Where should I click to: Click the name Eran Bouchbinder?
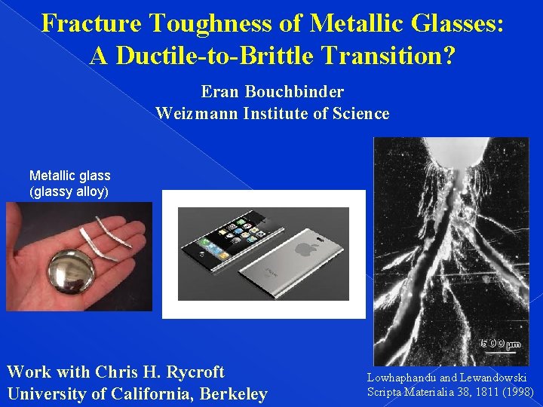click(272, 92)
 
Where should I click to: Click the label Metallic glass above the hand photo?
click(69, 176)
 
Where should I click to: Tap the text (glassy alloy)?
click(69, 191)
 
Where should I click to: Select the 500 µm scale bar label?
click(501, 344)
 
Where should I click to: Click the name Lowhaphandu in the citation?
click(400, 378)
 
